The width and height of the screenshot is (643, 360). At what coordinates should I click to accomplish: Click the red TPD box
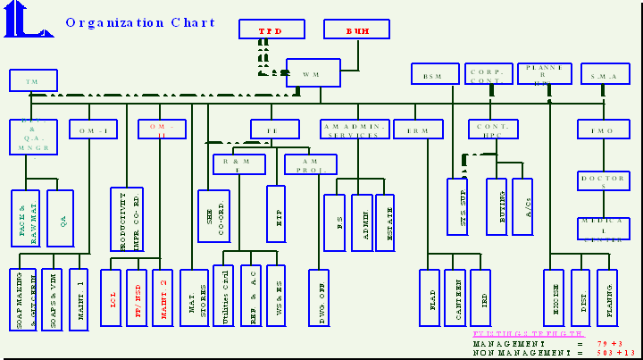tap(271, 29)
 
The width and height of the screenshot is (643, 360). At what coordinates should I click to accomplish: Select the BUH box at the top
tap(358, 29)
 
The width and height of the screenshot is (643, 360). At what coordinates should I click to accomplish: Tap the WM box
tap(313, 73)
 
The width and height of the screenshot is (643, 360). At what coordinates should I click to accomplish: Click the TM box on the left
tap(34, 80)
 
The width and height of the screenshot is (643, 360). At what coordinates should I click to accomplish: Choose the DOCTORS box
tap(603, 180)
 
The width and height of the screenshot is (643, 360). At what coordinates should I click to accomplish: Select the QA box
tap(61, 218)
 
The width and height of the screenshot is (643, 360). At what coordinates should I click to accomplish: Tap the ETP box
tap(276, 213)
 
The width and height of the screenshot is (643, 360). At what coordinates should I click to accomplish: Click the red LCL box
tap(111, 297)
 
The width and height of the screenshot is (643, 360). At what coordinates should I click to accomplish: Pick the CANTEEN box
tap(455, 297)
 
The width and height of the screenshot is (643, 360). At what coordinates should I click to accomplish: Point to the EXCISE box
tap(554, 297)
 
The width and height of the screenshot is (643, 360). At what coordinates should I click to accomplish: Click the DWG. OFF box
tap(319, 297)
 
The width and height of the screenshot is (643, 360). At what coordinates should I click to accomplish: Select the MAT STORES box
tap(194, 297)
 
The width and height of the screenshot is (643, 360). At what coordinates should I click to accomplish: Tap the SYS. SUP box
tap(457, 206)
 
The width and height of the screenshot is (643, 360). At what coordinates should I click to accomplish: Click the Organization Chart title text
tap(140, 23)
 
